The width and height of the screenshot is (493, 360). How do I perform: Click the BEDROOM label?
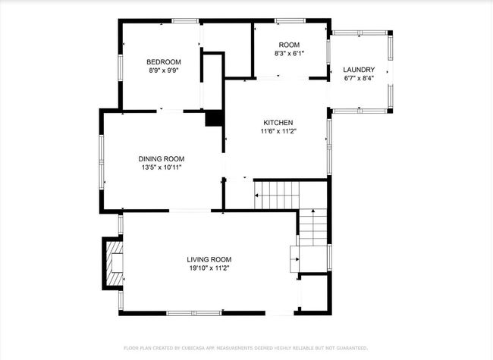coord(164,62)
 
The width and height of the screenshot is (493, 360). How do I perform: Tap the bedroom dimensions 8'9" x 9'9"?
coord(164,70)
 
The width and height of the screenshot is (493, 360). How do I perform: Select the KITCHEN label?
coord(278,123)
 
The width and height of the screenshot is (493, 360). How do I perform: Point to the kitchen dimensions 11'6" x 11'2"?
coord(278,131)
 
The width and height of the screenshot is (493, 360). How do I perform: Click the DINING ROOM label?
coord(162,159)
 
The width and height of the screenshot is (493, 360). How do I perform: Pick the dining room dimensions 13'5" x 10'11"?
coord(162,167)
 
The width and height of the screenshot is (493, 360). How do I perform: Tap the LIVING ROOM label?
coord(209,259)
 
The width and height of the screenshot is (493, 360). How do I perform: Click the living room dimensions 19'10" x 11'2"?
coord(209,268)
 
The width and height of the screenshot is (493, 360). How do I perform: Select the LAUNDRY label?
coord(359,70)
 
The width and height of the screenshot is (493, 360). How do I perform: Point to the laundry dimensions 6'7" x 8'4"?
coord(359,78)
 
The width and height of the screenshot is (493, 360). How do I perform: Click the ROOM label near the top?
coord(289,45)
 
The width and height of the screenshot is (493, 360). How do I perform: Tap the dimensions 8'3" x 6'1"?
coord(289,53)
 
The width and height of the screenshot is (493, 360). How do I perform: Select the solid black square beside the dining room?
coord(215,118)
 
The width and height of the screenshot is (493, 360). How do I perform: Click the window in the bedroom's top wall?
coord(185,21)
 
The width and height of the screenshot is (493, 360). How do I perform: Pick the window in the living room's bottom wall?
coord(194,313)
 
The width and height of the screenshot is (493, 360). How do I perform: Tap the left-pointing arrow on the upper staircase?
coord(256,196)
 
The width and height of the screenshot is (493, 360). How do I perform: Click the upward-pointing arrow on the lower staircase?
coord(312,211)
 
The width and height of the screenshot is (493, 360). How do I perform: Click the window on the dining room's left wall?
coord(102,162)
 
